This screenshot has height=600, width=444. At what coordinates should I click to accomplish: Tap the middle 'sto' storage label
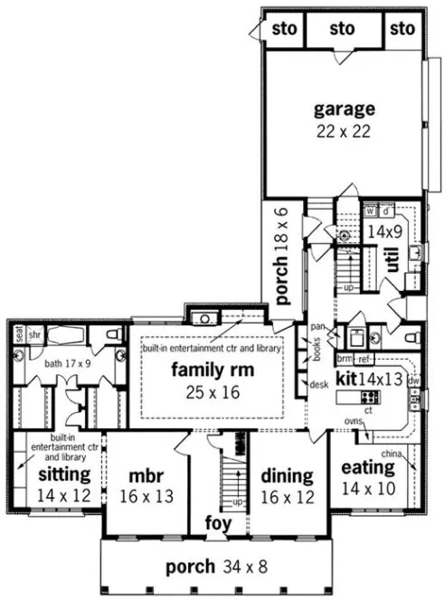pyautogui.click(x=343, y=29)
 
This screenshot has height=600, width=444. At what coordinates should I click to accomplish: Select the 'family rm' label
pyautogui.click(x=213, y=370)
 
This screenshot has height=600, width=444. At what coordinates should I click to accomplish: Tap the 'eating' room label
pyautogui.click(x=368, y=468)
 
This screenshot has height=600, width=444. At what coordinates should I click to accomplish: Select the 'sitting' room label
pyautogui.click(x=62, y=473)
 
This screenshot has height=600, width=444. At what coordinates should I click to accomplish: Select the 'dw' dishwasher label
pyautogui.click(x=413, y=380)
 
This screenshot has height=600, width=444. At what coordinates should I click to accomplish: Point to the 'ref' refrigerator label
pyautogui.click(x=365, y=358)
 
